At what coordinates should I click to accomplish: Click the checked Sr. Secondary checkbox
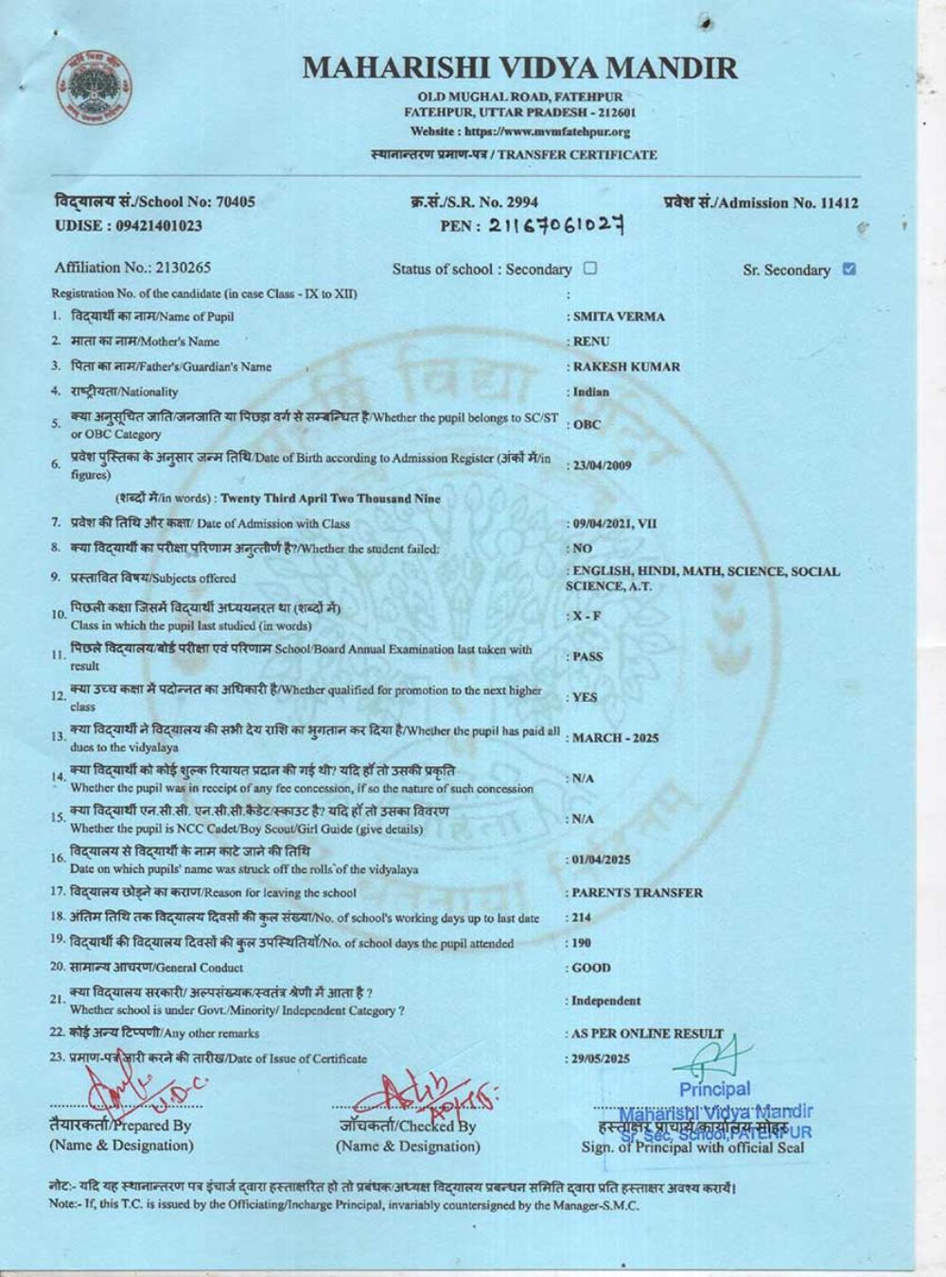(x=849, y=269)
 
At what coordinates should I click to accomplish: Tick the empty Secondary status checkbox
(x=590, y=269)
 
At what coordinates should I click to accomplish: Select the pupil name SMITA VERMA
(x=619, y=317)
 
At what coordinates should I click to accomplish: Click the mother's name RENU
(x=591, y=341)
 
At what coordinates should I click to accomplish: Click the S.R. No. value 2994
(x=521, y=202)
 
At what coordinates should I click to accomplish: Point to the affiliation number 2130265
(x=179, y=268)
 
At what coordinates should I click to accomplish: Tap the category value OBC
(x=587, y=425)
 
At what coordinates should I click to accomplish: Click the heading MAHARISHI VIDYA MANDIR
(x=520, y=68)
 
